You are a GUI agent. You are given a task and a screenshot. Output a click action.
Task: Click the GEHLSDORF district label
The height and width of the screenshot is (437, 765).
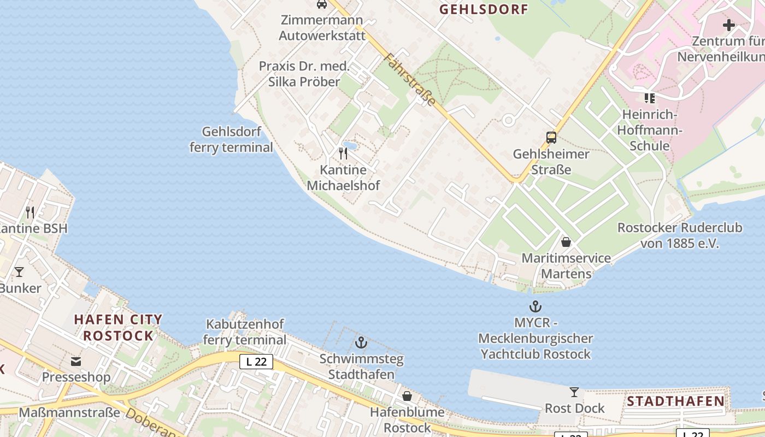coord(484,9)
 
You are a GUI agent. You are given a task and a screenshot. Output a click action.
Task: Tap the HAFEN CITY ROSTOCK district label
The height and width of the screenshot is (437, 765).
coord(118,327)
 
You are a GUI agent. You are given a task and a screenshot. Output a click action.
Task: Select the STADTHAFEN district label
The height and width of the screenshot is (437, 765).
coord(675,401)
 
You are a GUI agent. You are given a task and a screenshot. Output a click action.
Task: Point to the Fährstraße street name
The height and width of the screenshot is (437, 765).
coord(410,80)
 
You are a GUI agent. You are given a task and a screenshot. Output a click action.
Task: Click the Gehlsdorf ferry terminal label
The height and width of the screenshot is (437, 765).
coord(231,140)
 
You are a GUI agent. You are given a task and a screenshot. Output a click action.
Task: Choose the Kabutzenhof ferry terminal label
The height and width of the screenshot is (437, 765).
coord(245,332)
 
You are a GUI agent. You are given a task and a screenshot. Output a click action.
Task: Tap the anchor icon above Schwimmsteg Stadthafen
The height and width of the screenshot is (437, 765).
coord(361,342)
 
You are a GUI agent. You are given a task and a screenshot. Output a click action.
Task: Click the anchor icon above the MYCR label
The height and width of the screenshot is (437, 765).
coord(535,306)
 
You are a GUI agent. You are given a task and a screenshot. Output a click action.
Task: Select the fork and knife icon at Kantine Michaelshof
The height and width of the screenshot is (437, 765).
coord(343,153)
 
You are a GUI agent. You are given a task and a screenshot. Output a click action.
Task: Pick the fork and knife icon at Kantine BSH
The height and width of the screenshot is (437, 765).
coord(30,212)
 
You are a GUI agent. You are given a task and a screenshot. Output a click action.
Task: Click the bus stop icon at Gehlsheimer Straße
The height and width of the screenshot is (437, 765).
coord(551,138)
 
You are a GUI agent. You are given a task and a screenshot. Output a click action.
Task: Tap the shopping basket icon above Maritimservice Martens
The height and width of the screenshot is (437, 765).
coord(566,241)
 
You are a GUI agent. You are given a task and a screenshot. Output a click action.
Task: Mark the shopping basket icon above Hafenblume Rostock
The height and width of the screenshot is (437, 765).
coord(407,395)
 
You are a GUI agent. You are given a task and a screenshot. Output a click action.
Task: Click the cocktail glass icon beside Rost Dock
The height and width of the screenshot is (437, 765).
coord(574,392)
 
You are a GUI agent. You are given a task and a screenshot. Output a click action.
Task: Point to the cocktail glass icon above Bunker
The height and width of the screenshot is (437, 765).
coord(19,271)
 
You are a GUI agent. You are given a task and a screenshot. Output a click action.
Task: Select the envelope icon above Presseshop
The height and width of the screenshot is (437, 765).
coord(76,361)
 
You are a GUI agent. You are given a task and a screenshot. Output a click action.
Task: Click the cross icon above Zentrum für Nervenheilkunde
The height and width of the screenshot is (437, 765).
coord(729,25)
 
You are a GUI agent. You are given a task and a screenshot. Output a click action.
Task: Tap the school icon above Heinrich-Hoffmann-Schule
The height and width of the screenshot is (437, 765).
coord(649,98)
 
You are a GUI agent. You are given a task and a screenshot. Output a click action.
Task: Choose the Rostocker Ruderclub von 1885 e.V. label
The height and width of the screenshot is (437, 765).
coord(680,235)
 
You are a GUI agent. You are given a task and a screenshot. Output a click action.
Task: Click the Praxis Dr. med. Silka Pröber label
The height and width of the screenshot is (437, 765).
coord(304,74)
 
